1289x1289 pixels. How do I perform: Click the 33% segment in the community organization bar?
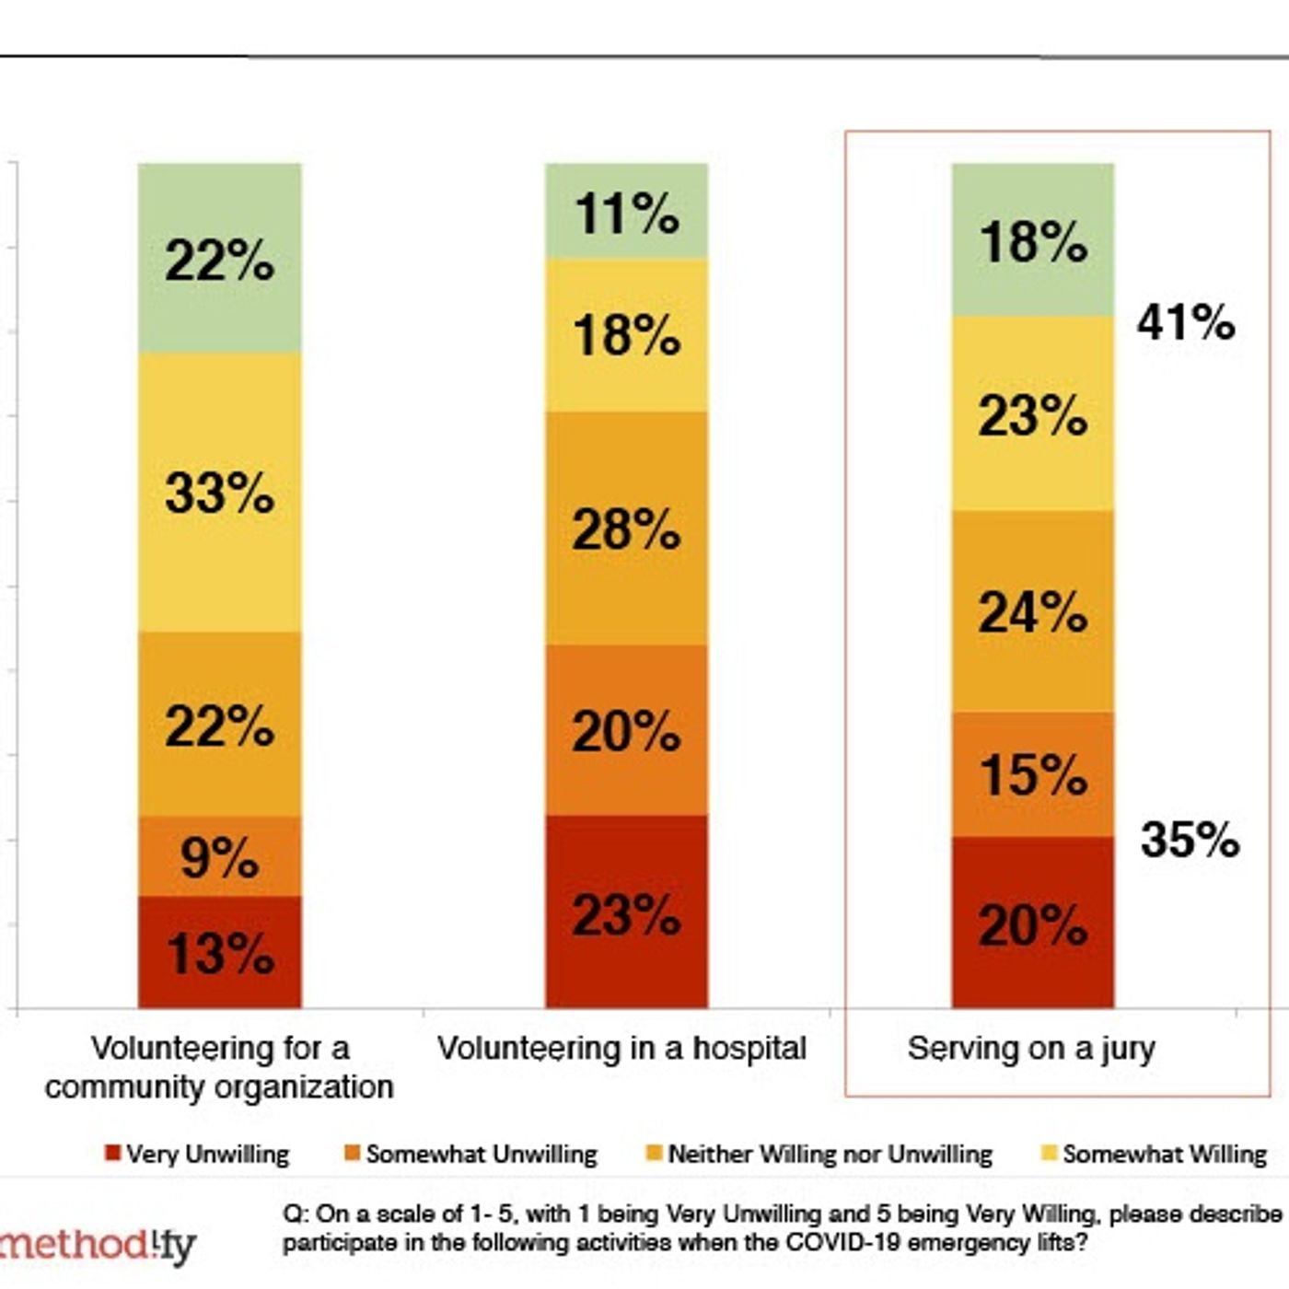click(219, 493)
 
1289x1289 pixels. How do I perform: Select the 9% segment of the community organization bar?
click(219, 856)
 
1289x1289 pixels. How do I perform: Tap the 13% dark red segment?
click(219, 952)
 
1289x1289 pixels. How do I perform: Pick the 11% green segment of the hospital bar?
click(626, 212)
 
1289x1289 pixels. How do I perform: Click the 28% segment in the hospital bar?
click(626, 528)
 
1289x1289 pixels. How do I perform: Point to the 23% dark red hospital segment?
click(626, 913)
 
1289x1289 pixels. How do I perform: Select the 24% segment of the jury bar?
click(1032, 611)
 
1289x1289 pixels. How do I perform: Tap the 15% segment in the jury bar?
click(1032, 773)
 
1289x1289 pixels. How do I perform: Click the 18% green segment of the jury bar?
click(1032, 241)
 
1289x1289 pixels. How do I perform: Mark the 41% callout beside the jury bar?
click(1186, 322)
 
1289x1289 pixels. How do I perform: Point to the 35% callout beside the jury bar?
click(1190, 839)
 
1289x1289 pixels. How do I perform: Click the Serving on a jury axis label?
click(1031, 1048)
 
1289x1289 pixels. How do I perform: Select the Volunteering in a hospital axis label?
click(621, 1048)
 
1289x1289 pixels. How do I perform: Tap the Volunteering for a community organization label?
click(219, 1067)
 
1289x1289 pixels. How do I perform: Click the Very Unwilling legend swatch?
click(113, 1153)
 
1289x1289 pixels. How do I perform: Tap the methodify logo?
click(97, 1246)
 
